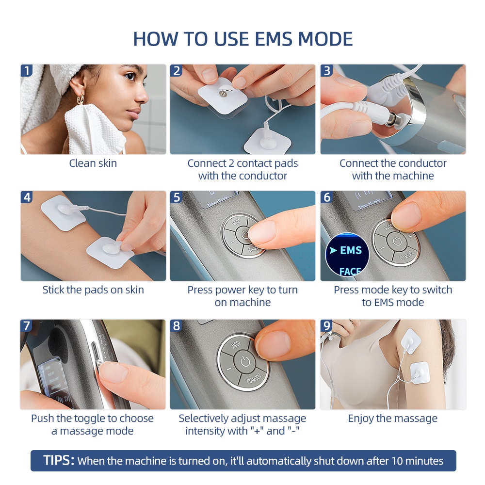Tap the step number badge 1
tap(27, 71)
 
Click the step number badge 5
tap(177, 197)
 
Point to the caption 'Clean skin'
tap(93, 163)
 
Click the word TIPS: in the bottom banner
tap(59, 460)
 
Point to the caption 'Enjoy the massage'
tap(392, 418)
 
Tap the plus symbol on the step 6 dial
tap(410, 236)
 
